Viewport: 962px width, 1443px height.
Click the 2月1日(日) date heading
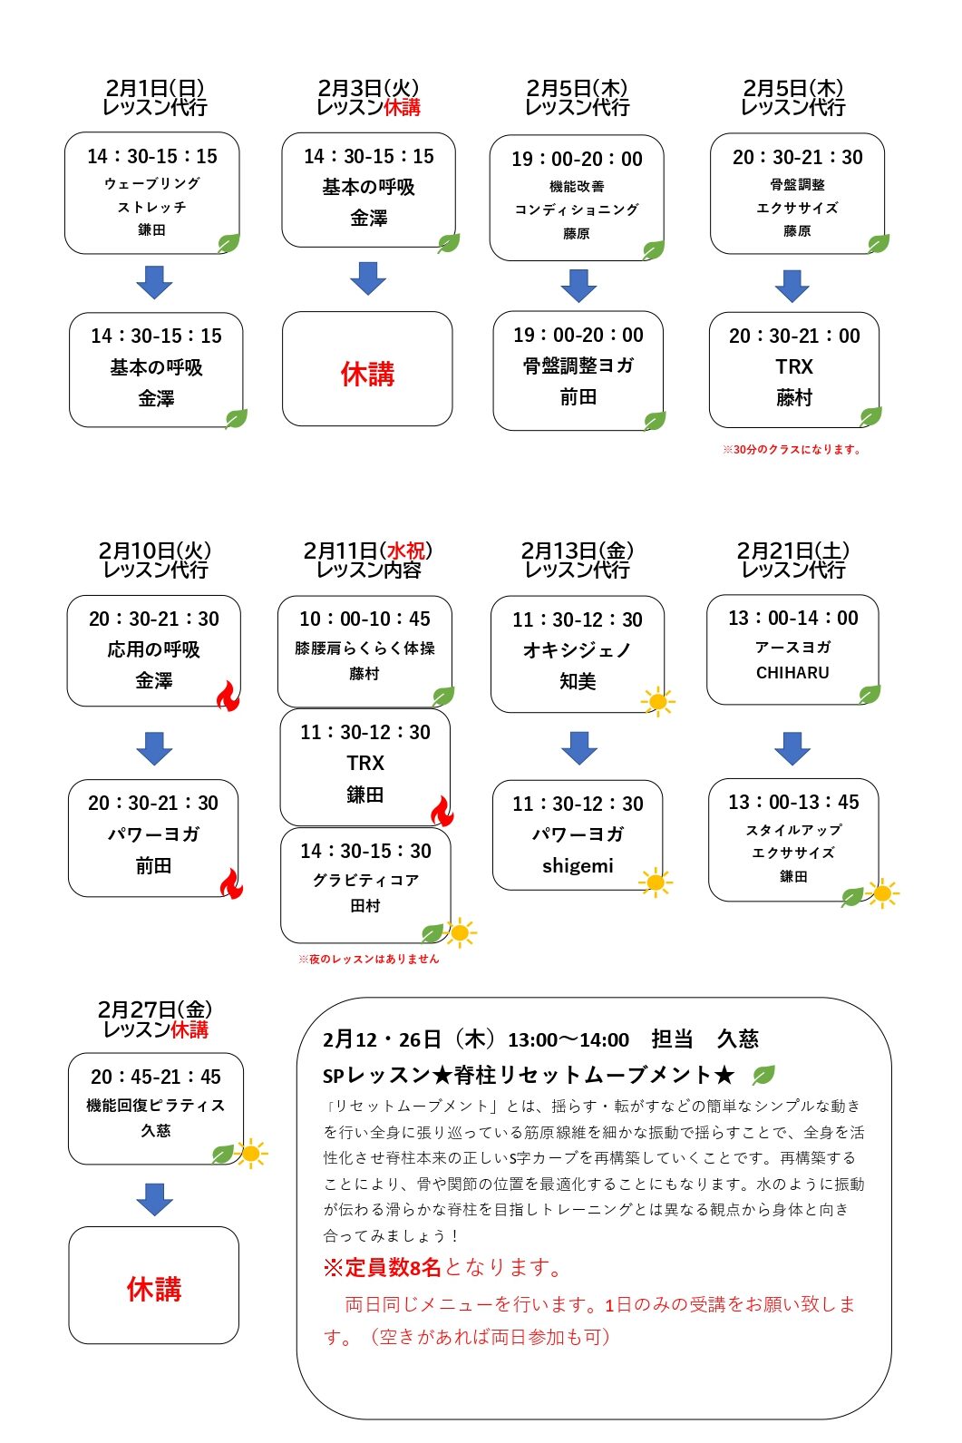point(154,88)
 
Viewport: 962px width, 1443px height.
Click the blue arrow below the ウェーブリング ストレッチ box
point(154,283)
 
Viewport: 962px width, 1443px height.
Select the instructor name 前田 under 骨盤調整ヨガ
point(578,397)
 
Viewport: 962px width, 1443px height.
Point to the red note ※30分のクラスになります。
point(792,449)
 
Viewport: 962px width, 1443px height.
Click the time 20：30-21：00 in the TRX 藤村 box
point(794,336)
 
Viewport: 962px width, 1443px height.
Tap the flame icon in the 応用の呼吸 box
point(228,696)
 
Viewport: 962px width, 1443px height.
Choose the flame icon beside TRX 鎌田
point(442,811)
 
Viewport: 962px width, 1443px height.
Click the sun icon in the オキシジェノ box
point(657,701)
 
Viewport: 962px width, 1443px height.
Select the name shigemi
point(578,866)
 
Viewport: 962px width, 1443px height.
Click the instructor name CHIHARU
point(792,673)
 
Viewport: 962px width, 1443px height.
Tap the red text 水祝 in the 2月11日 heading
point(405,551)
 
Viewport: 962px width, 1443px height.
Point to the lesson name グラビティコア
point(365,880)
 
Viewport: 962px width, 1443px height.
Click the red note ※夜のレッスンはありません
point(368,959)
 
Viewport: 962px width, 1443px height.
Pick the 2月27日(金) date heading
point(154,1009)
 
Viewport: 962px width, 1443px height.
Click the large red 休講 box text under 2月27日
point(154,1289)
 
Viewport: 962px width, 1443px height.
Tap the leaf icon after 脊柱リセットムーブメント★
point(763,1076)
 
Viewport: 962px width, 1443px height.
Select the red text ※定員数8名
point(382,1267)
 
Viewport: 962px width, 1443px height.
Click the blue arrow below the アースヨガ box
point(792,748)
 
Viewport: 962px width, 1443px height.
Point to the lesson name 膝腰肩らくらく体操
point(364,648)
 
